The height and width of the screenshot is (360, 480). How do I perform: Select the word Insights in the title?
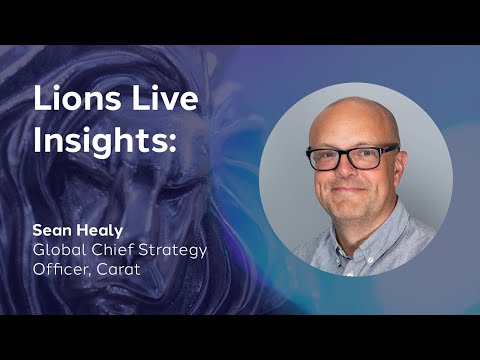[100, 141]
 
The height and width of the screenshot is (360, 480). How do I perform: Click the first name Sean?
[51, 231]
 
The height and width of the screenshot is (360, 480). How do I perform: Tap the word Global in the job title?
[59, 250]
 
